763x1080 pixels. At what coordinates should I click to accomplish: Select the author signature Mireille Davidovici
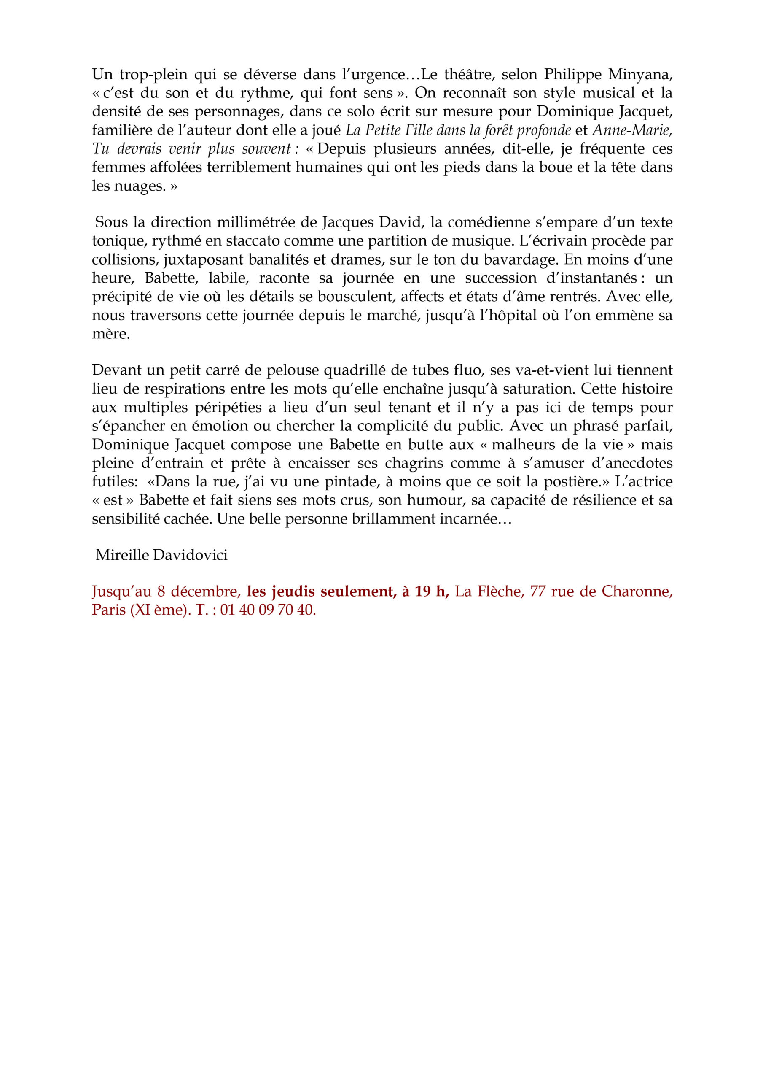pos(161,555)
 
